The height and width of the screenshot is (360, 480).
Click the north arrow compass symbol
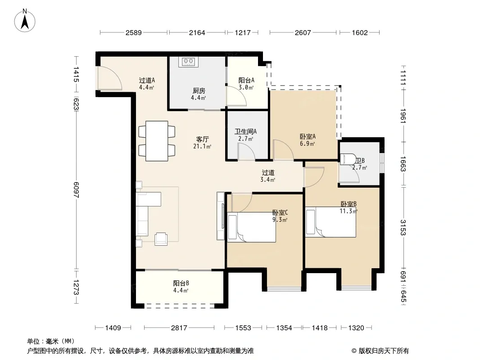click(x=25, y=21)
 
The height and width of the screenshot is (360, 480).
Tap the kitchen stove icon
click(x=188, y=62)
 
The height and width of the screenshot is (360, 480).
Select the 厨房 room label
click(x=199, y=91)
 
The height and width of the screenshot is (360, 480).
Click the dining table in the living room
click(x=157, y=141)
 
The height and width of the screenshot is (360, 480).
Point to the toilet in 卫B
click(x=348, y=159)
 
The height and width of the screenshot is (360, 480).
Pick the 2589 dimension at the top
click(x=133, y=32)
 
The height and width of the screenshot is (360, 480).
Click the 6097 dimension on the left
click(x=76, y=189)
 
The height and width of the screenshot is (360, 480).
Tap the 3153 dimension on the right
click(x=403, y=228)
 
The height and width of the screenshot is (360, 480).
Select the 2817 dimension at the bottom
click(x=179, y=328)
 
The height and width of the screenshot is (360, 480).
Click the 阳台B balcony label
click(x=181, y=283)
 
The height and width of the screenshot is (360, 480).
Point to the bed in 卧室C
click(x=251, y=227)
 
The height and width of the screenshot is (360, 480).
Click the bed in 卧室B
click(x=331, y=222)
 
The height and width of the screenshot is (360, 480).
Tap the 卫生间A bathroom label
click(x=245, y=131)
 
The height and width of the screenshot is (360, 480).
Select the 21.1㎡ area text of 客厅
click(x=202, y=146)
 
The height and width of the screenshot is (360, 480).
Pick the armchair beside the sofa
click(x=161, y=239)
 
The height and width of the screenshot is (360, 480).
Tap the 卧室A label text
click(x=308, y=137)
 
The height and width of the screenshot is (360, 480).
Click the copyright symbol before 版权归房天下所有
click(x=354, y=351)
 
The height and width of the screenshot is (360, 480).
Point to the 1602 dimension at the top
click(x=360, y=32)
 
